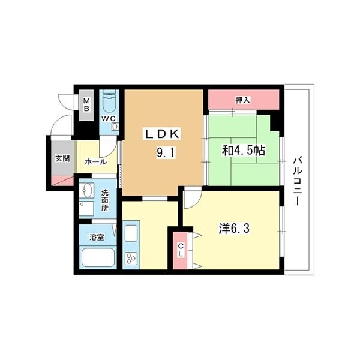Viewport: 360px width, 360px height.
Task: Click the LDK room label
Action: pos(162,134)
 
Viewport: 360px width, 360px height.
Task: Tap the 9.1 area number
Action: pos(166,152)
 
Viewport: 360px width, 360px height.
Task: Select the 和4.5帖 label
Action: pos(243,151)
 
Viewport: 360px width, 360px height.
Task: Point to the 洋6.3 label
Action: pos(234,229)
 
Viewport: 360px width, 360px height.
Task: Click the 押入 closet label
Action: pos(242,100)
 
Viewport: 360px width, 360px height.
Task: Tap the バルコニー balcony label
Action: pos(296,180)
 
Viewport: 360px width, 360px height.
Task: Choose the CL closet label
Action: pos(181,250)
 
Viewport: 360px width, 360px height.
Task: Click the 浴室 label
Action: pos(97,237)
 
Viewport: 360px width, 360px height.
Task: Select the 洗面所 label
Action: pos(105,200)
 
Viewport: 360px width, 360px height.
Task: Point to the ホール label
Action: pos(96,162)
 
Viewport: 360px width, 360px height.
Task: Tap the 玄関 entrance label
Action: pos(62,158)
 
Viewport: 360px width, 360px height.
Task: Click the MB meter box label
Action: pos(86,104)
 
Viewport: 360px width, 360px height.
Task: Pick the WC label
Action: pos(109,118)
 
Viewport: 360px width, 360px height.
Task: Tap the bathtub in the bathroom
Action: pos(98,257)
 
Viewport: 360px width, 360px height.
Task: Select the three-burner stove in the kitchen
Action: pos(131,258)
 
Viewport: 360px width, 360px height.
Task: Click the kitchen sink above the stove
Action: pos(131,233)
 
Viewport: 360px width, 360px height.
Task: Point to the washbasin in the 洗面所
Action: pos(87,190)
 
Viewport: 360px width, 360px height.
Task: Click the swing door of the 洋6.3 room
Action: pos(193,197)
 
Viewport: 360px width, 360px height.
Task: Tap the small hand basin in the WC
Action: pos(115,127)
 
